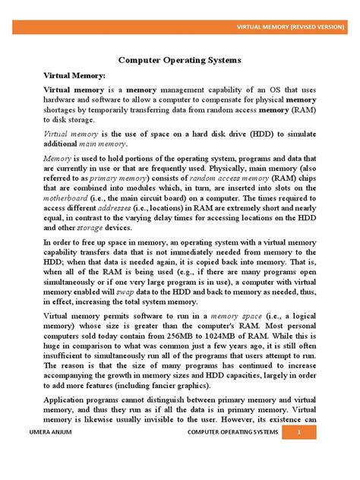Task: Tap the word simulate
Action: pyautogui.click(x=304, y=134)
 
